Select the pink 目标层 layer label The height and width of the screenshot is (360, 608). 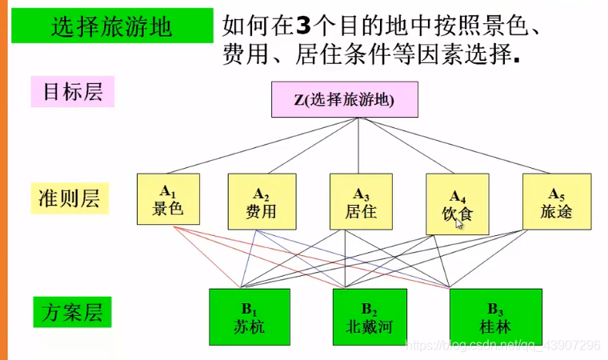72,92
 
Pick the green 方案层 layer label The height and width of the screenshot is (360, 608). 73,312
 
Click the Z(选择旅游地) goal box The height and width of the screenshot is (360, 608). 344,100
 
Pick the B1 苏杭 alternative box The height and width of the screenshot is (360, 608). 247,318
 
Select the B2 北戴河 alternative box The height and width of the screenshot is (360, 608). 370,318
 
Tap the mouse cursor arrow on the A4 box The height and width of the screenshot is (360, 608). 460,225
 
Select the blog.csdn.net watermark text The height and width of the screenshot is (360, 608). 502,345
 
